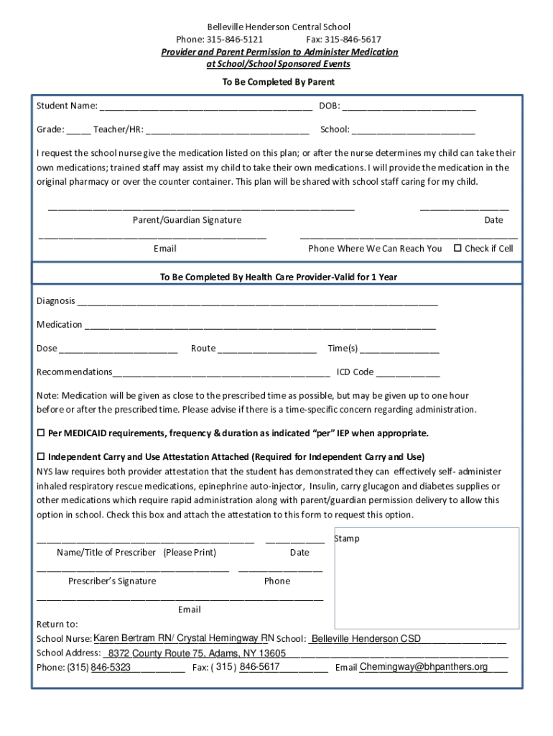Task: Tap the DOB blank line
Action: pos(409,107)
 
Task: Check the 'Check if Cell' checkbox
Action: pos(457,248)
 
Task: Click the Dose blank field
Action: pos(118,349)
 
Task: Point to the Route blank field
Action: pos(266,349)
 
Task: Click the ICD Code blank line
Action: pos(408,373)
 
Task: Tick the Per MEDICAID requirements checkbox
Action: pos(41,433)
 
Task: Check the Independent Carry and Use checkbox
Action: pos(41,457)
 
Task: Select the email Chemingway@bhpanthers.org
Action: pos(424,667)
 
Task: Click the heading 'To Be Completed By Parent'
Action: pos(277,82)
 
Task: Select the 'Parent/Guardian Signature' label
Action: pos(187,220)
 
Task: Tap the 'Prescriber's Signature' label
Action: pos(112,581)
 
